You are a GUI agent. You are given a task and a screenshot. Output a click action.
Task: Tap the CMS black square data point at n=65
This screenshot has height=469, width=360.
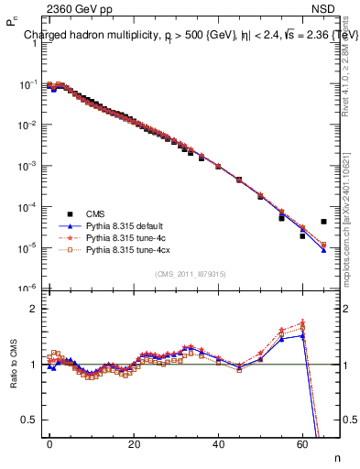[324, 222]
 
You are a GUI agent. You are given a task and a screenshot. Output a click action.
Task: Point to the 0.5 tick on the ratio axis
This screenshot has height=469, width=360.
[31, 420]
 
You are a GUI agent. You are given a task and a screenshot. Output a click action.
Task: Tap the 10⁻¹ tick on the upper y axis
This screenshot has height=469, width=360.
[29, 84]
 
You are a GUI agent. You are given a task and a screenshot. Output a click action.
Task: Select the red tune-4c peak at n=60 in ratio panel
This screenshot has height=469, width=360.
[302, 322]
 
